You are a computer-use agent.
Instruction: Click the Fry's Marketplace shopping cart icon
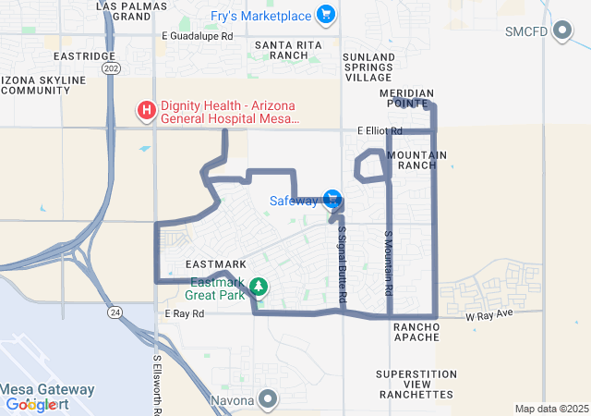click(325, 15)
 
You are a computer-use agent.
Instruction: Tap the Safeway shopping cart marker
click(332, 199)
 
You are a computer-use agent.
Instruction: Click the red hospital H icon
click(146, 112)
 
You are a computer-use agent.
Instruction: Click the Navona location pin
click(268, 399)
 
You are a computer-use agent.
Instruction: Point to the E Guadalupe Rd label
click(197, 36)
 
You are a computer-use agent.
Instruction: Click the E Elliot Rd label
click(380, 131)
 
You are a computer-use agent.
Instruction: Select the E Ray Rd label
click(184, 314)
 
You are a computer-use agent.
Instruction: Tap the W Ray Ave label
click(488, 316)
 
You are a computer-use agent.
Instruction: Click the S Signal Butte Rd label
click(342, 264)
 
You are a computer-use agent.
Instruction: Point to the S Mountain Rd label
click(389, 263)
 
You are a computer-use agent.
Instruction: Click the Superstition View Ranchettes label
click(416, 384)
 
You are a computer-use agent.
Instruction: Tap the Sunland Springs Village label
click(368, 67)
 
